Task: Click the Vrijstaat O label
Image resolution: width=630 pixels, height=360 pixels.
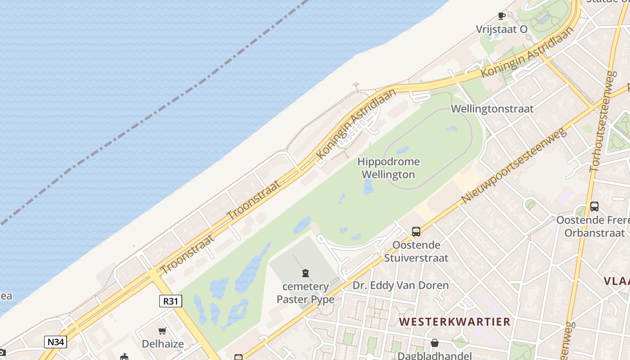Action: tap(501, 29)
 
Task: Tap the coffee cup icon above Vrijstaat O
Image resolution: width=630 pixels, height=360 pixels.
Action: tap(501, 16)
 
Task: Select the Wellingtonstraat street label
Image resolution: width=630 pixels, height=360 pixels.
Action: tap(492, 108)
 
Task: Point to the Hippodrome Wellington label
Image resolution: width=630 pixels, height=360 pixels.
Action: tap(388, 168)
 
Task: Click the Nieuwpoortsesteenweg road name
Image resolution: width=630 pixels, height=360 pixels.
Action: tap(513, 166)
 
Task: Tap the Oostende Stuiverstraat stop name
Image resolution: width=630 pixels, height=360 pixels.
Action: tap(416, 252)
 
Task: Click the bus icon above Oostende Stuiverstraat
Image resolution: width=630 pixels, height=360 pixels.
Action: tap(416, 232)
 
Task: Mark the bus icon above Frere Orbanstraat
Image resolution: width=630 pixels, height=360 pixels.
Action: tap(594, 207)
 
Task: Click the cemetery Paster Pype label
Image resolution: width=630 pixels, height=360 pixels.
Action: tap(306, 293)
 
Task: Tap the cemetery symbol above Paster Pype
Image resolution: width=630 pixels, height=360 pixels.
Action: tap(306, 273)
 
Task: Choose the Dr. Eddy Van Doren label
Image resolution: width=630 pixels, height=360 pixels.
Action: tap(400, 285)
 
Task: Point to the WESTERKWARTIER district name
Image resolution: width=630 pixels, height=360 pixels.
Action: tap(454, 322)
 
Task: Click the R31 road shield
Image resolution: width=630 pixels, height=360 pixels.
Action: tap(171, 301)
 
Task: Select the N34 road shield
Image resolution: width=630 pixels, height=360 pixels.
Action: tap(56, 342)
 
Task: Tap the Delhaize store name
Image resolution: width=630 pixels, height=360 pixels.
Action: tap(162, 344)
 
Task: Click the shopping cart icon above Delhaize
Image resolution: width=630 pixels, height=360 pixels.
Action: tap(162, 331)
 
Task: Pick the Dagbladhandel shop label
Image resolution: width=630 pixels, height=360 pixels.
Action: tap(434, 355)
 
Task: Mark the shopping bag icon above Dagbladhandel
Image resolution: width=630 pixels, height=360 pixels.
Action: tap(434, 343)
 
